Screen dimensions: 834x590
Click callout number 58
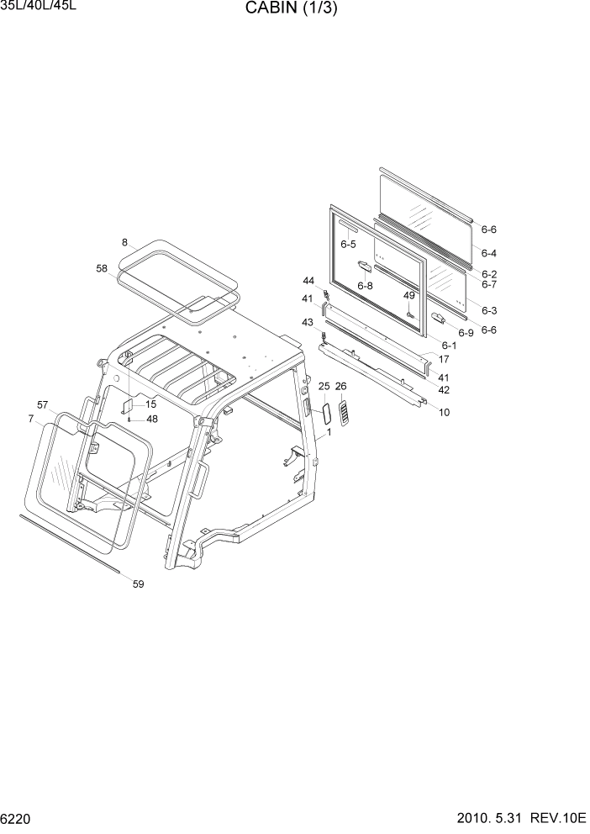(x=102, y=268)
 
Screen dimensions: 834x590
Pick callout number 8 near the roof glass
(x=124, y=242)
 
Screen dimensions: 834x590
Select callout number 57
(x=43, y=404)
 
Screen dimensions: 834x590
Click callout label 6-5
(x=348, y=244)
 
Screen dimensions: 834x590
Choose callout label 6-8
(x=365, y=286)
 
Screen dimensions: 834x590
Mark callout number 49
(x=409, y=295)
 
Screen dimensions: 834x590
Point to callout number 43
(x=307, y=323)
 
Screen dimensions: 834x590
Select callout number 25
(x=324, y=386)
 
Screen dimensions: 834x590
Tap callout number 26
(x=340, y=386)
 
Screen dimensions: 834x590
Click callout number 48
(x=151, y=419)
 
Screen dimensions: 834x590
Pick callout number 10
(x=445, y=412)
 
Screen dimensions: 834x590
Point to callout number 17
(x=444, y=359)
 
